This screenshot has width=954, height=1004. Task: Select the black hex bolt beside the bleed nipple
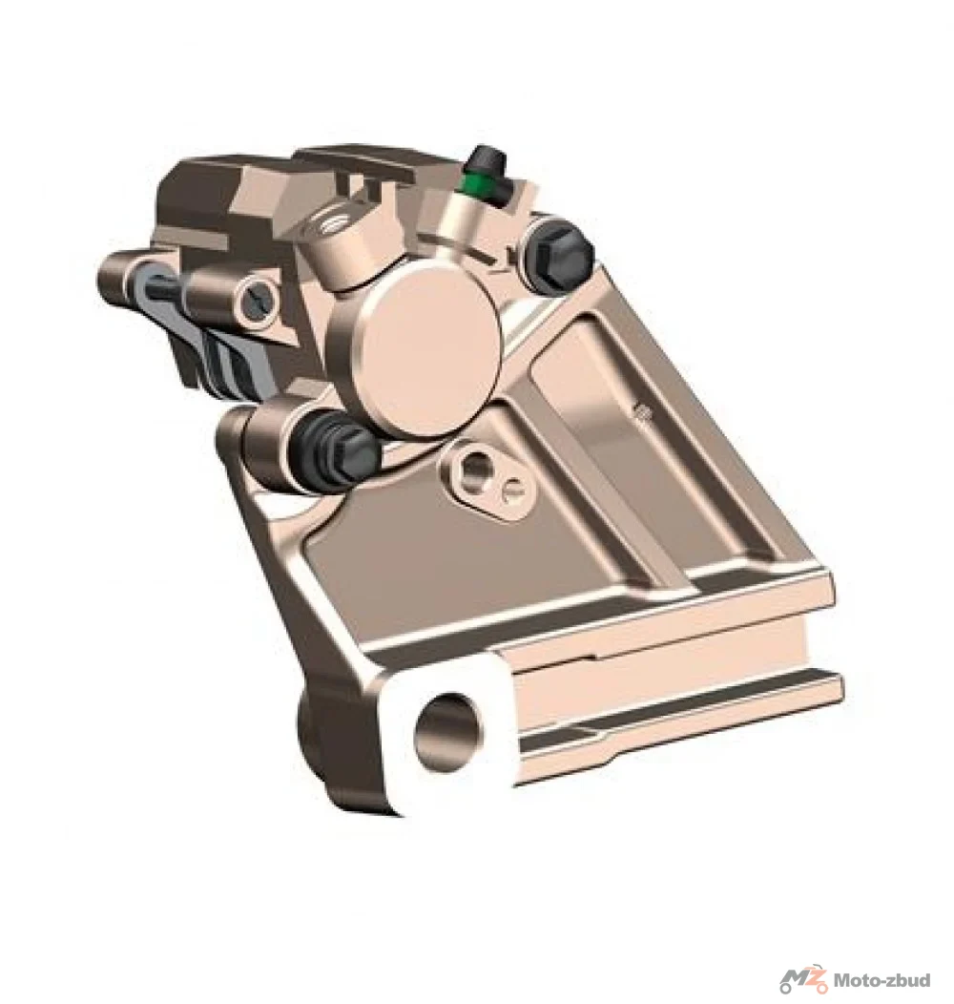click(x=558, y=255)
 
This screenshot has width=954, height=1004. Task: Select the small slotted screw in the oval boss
click(x=512, y=492)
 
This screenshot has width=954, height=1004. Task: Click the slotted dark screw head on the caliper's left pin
click(x=259, y=299)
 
